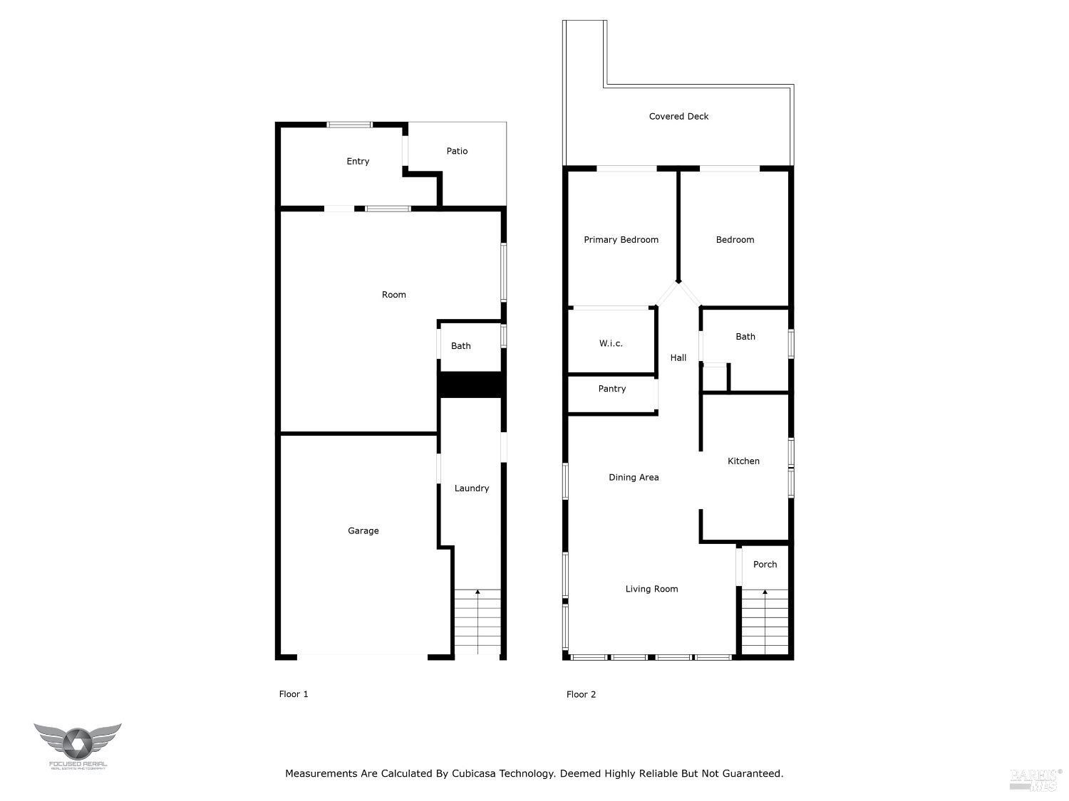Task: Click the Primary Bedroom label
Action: click(x=621, y=240)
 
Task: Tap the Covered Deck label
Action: click(x=678, y=117)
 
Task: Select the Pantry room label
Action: click(x=612, y=389)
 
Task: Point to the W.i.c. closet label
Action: click(x=611, y=343)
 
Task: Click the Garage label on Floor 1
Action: click(x=363, y=530)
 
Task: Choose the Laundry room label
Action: click(x=472, y=488)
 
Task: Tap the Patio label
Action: click(x=457, y=151)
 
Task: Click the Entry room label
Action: click(x=358, y=162)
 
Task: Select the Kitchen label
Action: click(x=743, y=461)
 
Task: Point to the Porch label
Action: click(x=765, y=565)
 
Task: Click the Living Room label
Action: click(x=651, y=589)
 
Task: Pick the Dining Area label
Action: click(x=634, y=478)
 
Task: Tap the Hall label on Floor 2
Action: click(x=678, y=357)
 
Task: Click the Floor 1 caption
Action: click(x=294, y=694)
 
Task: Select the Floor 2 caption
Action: click(x=581, y=694)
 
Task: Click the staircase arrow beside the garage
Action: click(x=477, y=592)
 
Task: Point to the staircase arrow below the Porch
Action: click(x=765, y=592)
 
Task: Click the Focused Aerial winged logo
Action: click(x=77, y=743)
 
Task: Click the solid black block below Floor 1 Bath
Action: click(x=472, y=384)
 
